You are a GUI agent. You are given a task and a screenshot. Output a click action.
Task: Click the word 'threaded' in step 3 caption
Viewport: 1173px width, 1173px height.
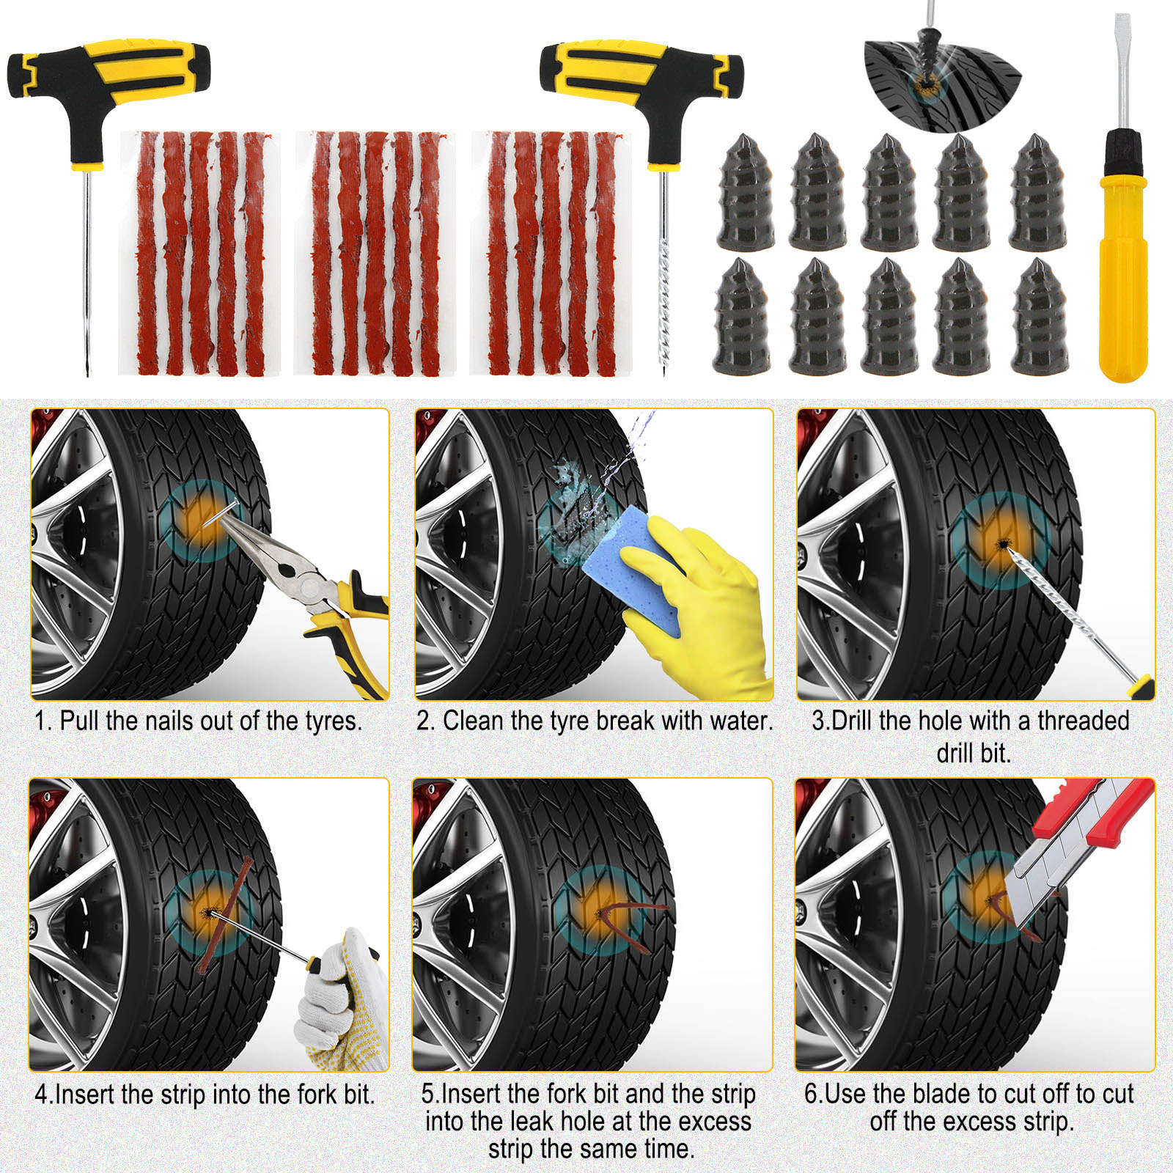click(1084, 721)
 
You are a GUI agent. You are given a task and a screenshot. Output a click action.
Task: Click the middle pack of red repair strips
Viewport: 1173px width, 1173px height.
click(375, 253)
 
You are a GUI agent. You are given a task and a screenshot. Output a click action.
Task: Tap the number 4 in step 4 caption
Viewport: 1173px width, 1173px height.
click(41, 1095)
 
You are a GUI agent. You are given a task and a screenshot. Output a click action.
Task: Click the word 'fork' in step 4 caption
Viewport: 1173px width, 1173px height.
click(318, 1095)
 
